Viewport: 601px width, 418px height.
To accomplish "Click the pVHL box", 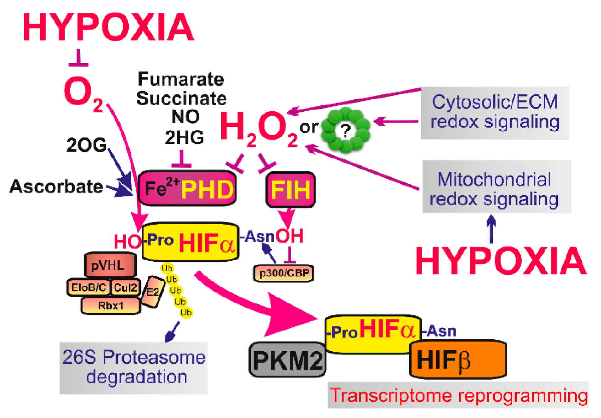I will [110, 265].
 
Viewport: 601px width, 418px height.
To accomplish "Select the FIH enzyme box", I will [290, 190].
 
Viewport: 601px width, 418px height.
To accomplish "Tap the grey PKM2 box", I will [287, 360].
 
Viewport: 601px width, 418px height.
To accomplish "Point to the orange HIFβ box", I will [458, 360].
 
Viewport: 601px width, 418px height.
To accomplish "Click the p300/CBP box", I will [283, 273].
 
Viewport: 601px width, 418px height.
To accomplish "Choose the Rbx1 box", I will [110, 306].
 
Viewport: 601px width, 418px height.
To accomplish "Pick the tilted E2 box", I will [153, 292].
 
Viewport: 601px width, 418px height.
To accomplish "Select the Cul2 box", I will [125, 287].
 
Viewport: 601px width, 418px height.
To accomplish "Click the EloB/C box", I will [89, 287].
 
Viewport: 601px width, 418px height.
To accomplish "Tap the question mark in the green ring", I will [346, 130].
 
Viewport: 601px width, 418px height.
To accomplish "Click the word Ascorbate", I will [56, 186].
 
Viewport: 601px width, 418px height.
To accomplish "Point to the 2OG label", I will [86, 145].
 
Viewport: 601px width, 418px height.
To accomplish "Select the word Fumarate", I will [181, 79].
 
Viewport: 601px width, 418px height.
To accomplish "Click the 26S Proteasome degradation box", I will [134, 367].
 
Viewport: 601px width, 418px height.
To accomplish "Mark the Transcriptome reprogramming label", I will [458, 395].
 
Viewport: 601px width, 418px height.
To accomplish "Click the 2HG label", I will [185, 137].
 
